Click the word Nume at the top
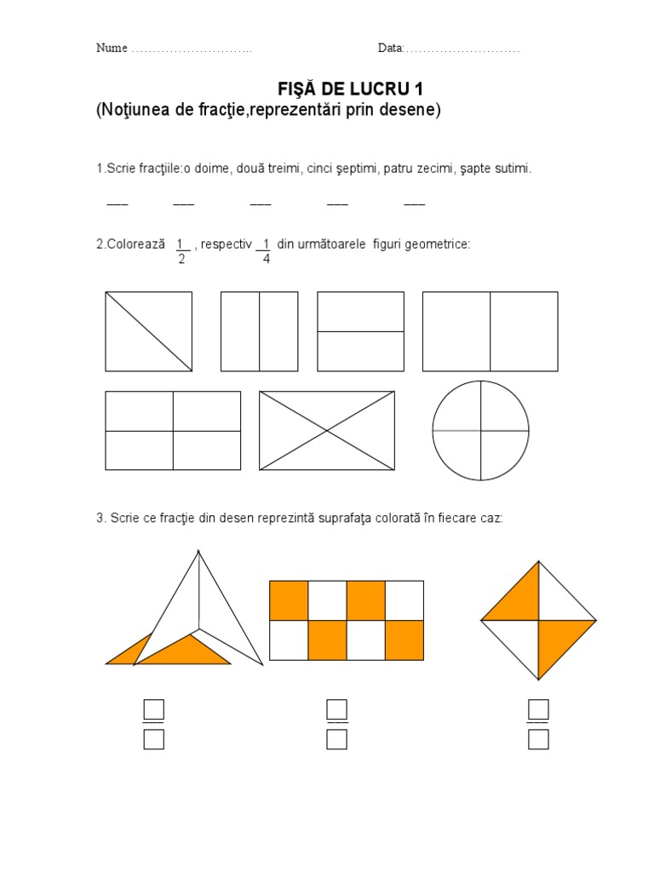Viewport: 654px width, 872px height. point(112,48)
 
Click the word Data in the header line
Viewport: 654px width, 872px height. point(390,48)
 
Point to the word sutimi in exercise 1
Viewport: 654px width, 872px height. point(513,169)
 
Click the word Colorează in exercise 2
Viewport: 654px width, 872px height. point(136,244)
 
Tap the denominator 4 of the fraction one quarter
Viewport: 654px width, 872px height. point(267,259)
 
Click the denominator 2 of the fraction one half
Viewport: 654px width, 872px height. point(181,259)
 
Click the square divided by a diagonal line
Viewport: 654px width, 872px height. point(149,331)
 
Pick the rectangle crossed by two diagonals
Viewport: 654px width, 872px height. point(327,430)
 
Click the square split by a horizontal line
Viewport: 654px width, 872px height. point(361,331)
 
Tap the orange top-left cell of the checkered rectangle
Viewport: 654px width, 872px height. point(289,600)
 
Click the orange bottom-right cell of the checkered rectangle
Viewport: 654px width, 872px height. point(404,640)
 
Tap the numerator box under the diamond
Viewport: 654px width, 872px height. point(538,709)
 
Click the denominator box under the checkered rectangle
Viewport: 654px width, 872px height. point(337,739)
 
